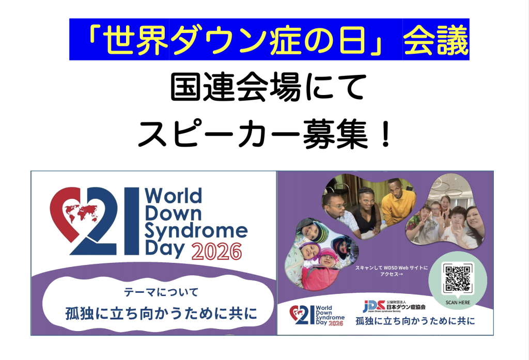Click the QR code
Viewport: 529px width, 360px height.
point(458,279)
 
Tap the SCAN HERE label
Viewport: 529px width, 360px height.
point(458,303)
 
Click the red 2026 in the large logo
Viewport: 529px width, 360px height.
point(216,252)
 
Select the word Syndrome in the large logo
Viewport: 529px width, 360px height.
point(196,232)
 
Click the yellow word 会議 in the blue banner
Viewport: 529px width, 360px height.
point(436,40)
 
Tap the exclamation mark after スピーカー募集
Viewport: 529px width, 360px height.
point(384,134)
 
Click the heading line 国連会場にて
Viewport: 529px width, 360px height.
point(268,87)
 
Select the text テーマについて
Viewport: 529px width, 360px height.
point(161,292)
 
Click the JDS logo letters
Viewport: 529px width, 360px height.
point(374,306)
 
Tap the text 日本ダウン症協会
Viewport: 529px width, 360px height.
point(406,307)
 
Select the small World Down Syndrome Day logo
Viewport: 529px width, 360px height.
point(317,315)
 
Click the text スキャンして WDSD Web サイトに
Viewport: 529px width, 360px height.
point(392,268)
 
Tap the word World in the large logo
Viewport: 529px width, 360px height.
point(174,196)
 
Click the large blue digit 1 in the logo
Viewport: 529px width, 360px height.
point(132,221)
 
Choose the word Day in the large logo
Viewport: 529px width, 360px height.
point(165,249)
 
